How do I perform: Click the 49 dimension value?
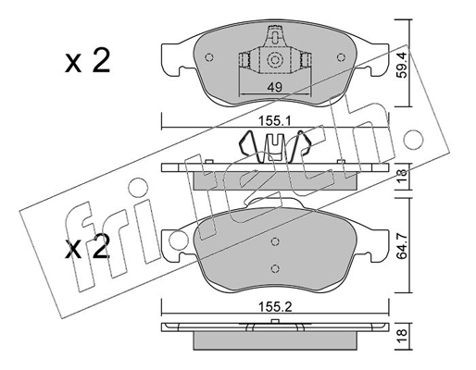pyautogui.click(x=274, y=87)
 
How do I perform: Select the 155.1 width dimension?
pyautogui.click(x=275, y=121)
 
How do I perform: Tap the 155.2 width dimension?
pyautogui.click(x=275, y=307)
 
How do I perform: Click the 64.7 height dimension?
pyautogui.click(x=403, y=246)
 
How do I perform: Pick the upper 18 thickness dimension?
pyautogui.click(x=403, y=177)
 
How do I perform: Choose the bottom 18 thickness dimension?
pyautogui.click(x=403, y=337)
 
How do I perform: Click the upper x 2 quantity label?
pyautogui.click(x=87, y=61)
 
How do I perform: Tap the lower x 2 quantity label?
pyautogui.click(x=87, y=247)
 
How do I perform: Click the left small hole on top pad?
pyautogui.click(x=209, y=57)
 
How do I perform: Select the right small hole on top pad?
pyautogui.click(x=341, y=57)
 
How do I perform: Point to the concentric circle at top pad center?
pyautogui.click(x=274, y=60)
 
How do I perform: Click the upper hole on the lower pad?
pyautogui.click(x=275, y=241)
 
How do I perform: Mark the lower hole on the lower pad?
pyautogui.click(x=275, y=269)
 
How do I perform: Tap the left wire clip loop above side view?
pyautogui.click(x=246, y=144)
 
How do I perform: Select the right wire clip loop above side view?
pyautogui.click(x=303, y=144)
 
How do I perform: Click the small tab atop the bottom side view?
pyautogui.click(x=275, y=321)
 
